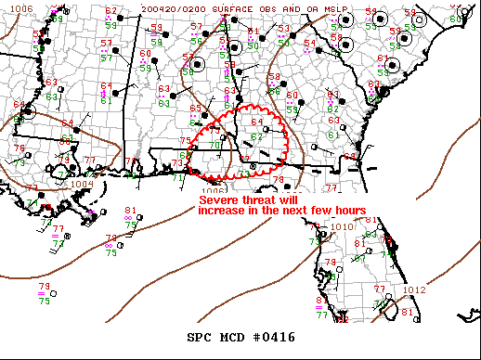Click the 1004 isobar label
pos(81,184)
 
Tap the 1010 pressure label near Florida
pos(342,226)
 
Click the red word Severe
pos(221,199)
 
